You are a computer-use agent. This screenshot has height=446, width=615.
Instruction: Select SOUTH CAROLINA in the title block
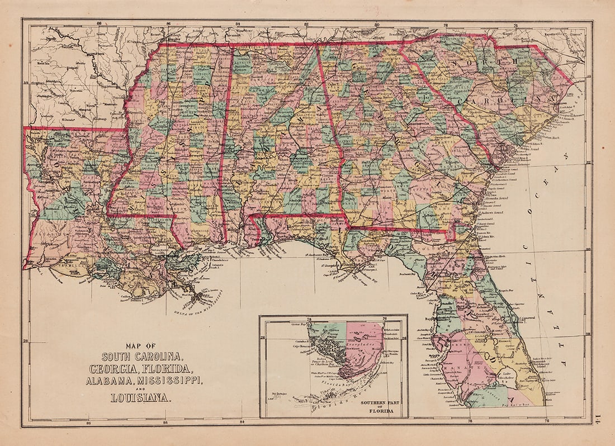[x=141, y=357]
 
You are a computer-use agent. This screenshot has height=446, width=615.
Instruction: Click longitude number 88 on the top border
[x=98, y=23]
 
